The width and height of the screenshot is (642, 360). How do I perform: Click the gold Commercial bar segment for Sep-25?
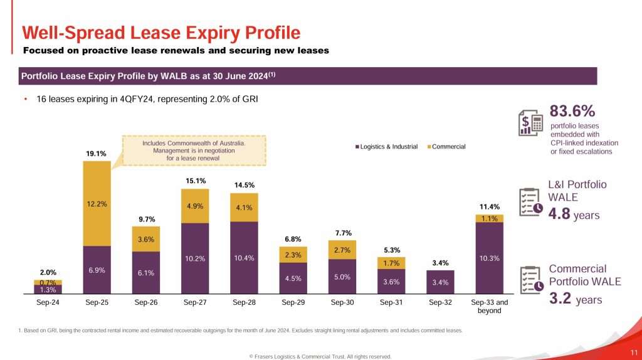coord(97,203)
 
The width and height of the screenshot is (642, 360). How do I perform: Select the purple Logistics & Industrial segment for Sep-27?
coord(194,258)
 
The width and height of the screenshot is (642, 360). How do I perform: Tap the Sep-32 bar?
coord(440,282)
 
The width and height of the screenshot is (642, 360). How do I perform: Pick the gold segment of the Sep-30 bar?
coord(342,250)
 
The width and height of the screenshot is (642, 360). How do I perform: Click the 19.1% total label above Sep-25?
coord(96,153)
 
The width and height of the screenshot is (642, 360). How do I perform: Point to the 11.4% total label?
coord(489,206)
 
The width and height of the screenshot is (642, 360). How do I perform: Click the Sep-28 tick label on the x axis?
coord(243,302)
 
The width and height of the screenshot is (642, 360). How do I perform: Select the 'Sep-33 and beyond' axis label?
coord(489,306)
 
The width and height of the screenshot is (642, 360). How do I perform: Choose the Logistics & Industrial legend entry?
coord(386,147)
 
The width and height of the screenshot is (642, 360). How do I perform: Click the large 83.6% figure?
coord(572,112)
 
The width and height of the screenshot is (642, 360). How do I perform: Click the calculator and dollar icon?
coord(531,121)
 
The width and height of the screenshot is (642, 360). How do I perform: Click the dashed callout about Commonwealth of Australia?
coord(194,151)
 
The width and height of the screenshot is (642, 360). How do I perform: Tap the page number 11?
coord(633,352)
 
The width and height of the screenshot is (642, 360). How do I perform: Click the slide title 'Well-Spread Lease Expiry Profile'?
coord(161,33)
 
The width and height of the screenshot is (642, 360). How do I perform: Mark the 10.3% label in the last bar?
coord(489,258)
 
